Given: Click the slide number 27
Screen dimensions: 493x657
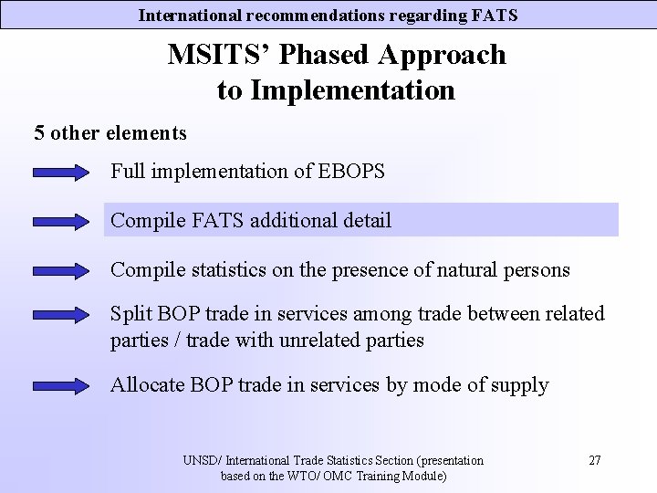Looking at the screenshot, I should tap(594, 460).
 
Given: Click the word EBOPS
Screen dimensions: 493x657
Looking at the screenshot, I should tap(351, 171).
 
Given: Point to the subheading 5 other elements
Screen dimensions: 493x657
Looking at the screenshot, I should tap(110, 133).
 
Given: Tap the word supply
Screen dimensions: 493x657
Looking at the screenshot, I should tap(520, 385).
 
